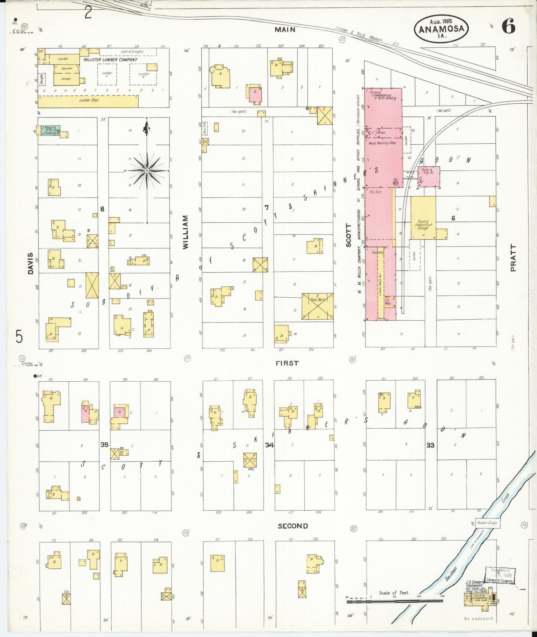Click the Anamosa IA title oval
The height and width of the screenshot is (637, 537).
(441, 29)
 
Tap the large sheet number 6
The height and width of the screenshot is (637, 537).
(508, 26)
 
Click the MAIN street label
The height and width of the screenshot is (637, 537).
(285, 29)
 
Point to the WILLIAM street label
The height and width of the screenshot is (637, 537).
(186, 232)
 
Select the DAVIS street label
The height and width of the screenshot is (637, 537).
(30, 263)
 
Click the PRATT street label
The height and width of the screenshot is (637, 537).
(513, 258)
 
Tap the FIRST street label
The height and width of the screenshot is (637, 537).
(287, 363)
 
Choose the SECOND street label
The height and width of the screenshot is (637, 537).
(293, 526)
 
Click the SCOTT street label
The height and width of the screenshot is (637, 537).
(348, 235)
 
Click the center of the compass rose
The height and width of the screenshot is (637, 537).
(147, 171)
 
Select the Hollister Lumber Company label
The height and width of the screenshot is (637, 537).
(110, 59)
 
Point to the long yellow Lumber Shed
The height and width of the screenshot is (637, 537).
(88, 101)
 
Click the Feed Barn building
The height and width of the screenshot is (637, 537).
(317, 306)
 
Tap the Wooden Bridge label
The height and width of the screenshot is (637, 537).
(487, 523)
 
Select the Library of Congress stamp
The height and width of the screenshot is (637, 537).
(500, 576)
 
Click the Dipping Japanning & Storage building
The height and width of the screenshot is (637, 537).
(423, 218)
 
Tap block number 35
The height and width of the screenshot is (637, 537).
(104, 444)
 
